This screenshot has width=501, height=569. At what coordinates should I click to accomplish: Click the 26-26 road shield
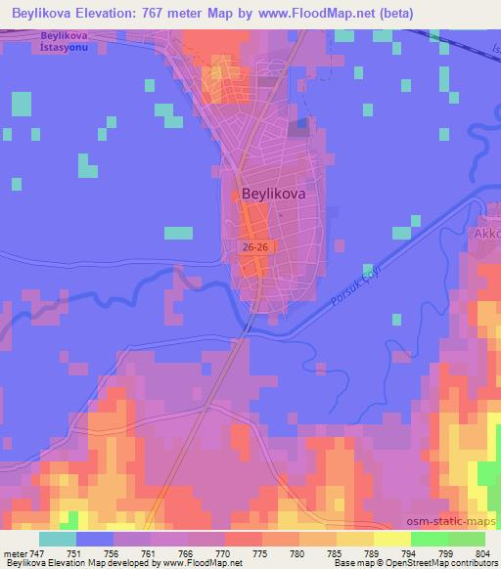coord(255,248)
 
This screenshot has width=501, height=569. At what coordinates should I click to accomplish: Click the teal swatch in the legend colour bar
coord(58,539)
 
